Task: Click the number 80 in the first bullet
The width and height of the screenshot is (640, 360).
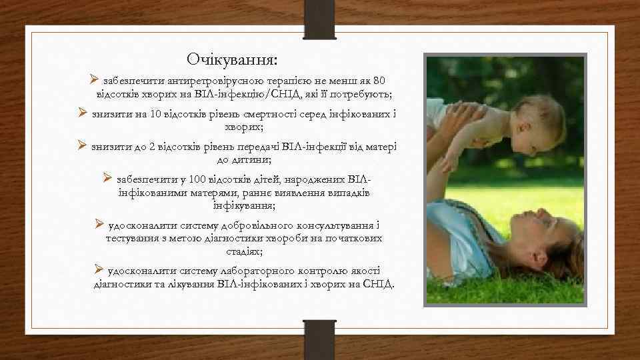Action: point(379,80)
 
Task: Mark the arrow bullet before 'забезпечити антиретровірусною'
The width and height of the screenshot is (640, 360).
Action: point(94,79)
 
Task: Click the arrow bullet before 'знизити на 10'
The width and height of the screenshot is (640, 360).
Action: point(83,113)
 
